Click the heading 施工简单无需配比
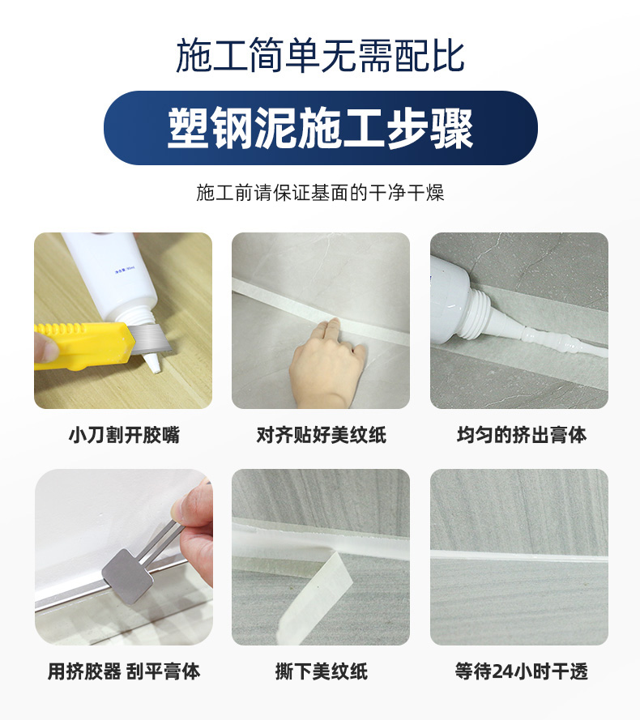point(320,56)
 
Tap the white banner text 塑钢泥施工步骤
point(320,129)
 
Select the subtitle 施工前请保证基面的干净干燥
point(320,193)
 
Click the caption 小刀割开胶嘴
point(124,434)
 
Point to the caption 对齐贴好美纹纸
point(321,434)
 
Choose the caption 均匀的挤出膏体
point(522,434)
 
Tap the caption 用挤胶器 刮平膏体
point(124,671)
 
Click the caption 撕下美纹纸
point(321,671)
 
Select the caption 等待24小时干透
point(522,671)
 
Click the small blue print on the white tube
point(124,272)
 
